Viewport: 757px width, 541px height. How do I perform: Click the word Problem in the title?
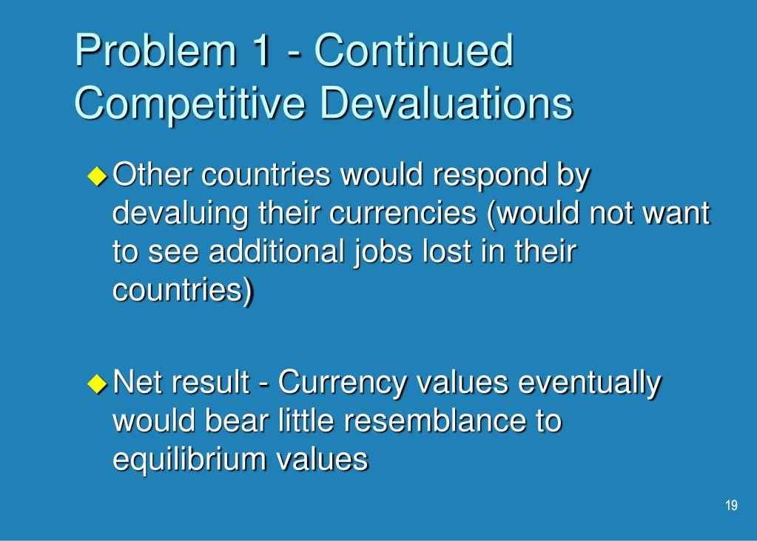(155, 51)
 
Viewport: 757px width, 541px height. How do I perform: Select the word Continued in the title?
(414, 50)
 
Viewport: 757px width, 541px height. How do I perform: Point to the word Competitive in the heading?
(190, 104)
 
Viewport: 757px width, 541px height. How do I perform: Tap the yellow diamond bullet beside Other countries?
(97, 176)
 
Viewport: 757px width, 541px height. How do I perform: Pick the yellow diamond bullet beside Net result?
(97, 383)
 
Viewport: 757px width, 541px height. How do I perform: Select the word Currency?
(342, 385)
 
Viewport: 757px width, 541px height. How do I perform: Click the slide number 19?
(731, 505)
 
